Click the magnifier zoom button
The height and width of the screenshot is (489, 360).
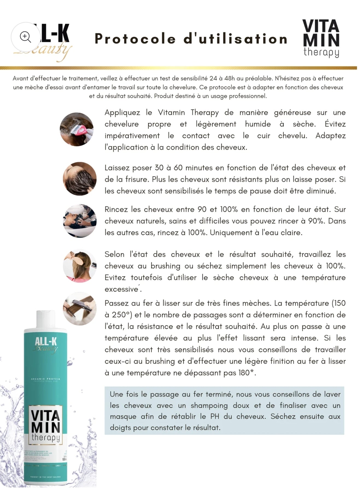(x=25, y=37)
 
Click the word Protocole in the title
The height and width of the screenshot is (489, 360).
(x=135, y=39)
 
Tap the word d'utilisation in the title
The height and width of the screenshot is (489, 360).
(x=235, y=39)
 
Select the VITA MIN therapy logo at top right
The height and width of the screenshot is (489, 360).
(x=321, y=38)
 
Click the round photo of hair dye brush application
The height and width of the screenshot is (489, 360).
(x=77, y=129)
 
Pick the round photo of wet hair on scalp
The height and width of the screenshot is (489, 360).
(x=80, y=179)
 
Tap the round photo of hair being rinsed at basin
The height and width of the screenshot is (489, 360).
(x=80, y=221)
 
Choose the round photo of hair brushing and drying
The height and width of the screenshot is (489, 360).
(x=80, y=265)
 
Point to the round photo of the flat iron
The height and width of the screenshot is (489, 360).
(x=80, y=308)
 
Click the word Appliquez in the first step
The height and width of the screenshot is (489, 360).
(x=122, y=113)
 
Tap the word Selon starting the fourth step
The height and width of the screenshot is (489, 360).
(x=114, y=254)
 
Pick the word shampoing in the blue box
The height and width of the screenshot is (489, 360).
(x=209, y=406)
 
